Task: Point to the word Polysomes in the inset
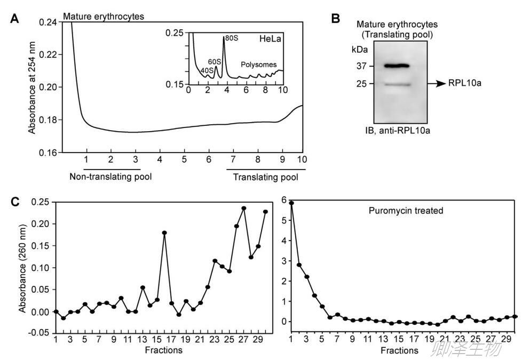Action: click(x=258, y=65)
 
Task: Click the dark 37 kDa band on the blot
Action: click(x=389, y=66)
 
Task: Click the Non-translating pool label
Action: click(x=111, y=177)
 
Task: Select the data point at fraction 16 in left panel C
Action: click(x=164, y=233)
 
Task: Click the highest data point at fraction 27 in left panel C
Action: click(x=244, y=209)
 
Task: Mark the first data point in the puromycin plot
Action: click(x=291, y=203)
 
